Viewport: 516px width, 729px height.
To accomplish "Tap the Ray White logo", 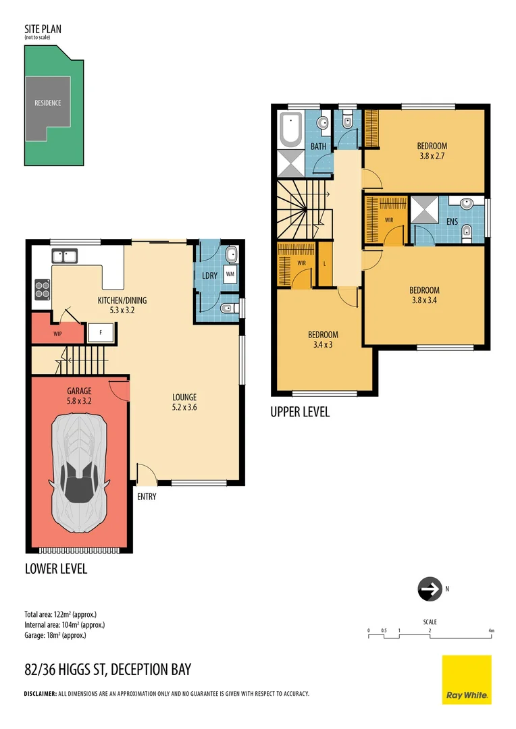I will pyautogui.click(x=467, y=679).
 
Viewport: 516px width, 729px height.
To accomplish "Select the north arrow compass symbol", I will pyautogui.click(x=428, y=589).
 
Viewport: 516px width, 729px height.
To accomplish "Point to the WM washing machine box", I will pyautogui.click(x=230, y=274).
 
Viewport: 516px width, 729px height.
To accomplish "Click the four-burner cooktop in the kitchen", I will pyautogui.click(x=43, y=289).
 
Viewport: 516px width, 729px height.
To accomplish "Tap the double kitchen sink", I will pyautogui.click(x=66, y=256).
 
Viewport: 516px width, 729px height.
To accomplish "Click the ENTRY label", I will pyautogui.click(x=147, y=497).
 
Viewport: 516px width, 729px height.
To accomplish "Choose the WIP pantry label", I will pyautogui.click(x=57, y=333).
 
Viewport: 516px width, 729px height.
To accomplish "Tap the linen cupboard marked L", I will pyautogui.click(x=325, y=264).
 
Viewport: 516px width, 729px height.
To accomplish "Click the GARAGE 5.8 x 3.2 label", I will pyautogui.click(x=79, y=396).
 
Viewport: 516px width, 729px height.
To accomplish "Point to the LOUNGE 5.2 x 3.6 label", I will pyautogui.click(x=184, y=402).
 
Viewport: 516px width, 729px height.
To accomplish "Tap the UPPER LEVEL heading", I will pyautogui.click(x=300, y=412).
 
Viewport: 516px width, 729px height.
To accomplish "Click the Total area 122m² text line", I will pyautogui.click(x=61, y=614).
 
